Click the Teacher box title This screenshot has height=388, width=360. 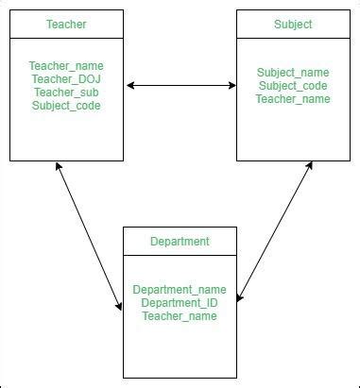[x=65, y=25]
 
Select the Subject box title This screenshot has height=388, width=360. [x=293, y=25]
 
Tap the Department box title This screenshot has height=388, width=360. [x=180, y=242]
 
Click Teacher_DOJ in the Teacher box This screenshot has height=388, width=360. [x=65, y=79]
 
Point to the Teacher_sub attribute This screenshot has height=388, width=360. [x=65, y=93]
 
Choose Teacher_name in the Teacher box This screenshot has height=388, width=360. [x=65, y=66]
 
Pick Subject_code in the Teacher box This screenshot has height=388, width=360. [x=65, y=106]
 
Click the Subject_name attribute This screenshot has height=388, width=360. [x=293, y=73]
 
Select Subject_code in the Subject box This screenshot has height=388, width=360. [x=293, y=86]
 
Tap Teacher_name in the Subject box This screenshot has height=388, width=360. [x=293, y=99]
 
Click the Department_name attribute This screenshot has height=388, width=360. [x=180, y=290]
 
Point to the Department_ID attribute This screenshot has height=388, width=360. [x=180, y=303]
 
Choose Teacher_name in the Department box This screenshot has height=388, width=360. [x=180, y=316]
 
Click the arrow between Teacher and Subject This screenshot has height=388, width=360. [x=180, y=86]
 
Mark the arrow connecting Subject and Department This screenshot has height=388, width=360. [x=274, y=231]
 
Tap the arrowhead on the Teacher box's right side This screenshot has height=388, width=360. [x=129, y=86]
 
